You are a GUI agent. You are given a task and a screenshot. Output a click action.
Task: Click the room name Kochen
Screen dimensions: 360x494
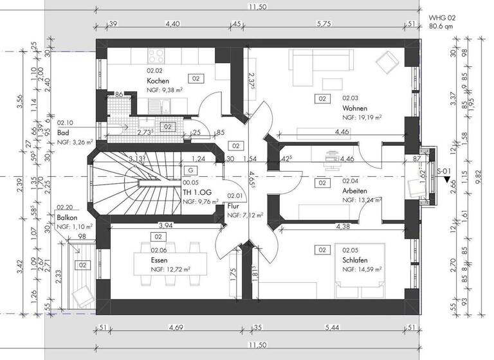[x=158, y=81]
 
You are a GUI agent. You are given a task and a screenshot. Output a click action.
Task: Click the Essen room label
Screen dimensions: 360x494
[x=160, y=261]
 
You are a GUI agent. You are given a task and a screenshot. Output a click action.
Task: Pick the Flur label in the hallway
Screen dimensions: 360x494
[x=233, y=206]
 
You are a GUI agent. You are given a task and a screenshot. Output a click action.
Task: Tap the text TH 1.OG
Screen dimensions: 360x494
[x=196, y=192]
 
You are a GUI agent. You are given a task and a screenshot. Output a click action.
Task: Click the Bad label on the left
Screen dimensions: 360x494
[x=63, y=131]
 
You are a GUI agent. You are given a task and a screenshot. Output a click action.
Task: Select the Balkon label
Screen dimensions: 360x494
[x=68, y=219]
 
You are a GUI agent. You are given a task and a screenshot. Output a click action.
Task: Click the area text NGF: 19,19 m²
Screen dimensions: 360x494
[x=363, y=118]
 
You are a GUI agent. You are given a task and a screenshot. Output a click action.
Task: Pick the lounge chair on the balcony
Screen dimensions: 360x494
[x=82, y=296]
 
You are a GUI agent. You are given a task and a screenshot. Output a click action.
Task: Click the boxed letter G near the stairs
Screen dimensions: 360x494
[x=191, y=170]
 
